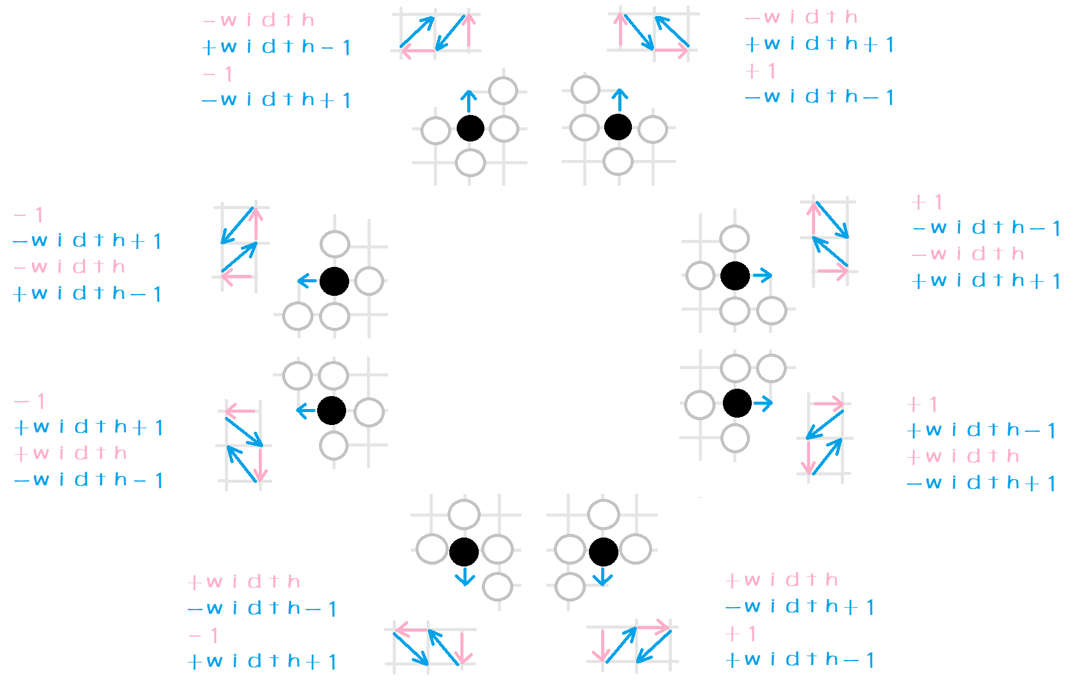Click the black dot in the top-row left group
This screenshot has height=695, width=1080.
point(470,129)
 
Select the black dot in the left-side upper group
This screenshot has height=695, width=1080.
point(334,282)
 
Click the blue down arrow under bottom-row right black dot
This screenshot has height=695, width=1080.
point(602,577)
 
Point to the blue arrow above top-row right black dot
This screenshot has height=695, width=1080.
point(620,99)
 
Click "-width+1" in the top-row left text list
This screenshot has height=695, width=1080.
point(277,100)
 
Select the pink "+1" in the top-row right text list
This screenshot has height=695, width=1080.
point(761,71)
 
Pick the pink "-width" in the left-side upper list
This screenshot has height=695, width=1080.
point(69,267)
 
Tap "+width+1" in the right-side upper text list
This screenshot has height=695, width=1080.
point(986,281)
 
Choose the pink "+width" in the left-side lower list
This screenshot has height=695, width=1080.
point(71,454)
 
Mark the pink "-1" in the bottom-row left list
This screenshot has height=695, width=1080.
point(203,635)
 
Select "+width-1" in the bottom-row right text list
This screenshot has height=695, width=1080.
point(800,660)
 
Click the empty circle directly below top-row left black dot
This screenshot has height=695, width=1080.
point(471,163)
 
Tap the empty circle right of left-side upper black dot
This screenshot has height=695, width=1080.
point(369,282)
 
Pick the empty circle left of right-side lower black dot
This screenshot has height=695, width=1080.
point(700,405)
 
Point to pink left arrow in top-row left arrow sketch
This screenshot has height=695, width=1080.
point(418,51)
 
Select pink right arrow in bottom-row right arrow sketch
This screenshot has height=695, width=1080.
point(653,628)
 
